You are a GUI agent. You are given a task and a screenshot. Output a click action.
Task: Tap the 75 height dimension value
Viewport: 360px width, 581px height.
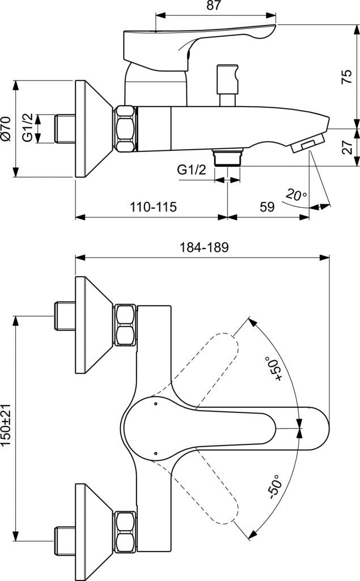[346, 77]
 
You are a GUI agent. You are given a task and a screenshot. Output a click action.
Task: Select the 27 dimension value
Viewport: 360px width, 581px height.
[346, 147]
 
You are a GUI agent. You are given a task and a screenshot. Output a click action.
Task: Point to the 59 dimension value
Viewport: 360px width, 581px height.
[268, 207]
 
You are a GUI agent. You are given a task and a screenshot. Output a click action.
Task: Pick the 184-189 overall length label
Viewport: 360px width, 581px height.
[203, 247]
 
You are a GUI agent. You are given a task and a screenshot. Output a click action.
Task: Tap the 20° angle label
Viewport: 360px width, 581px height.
[296, 195]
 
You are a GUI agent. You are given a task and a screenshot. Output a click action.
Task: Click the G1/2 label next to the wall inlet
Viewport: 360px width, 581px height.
[27, 129]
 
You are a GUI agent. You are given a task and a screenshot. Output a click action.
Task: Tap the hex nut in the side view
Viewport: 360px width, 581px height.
[125, 129]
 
